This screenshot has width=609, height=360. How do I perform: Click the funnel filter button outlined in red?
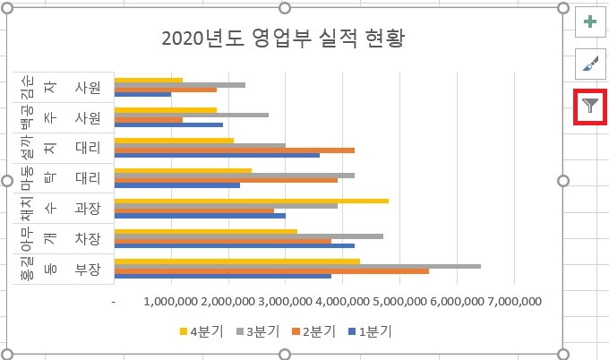coord(589,107)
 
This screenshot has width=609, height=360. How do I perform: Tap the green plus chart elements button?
coord(589,22)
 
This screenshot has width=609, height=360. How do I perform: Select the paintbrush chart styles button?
coord(589,64)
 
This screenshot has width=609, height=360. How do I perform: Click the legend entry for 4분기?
coord(202,331)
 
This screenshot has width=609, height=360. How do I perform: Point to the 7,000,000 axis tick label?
coord(512,303)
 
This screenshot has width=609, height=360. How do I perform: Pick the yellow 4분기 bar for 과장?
coord(252,201)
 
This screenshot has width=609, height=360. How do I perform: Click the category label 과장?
coord(88,208)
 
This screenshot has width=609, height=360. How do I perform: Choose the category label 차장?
coord(88,238)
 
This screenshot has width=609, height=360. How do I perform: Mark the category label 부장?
coord(88,269)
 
